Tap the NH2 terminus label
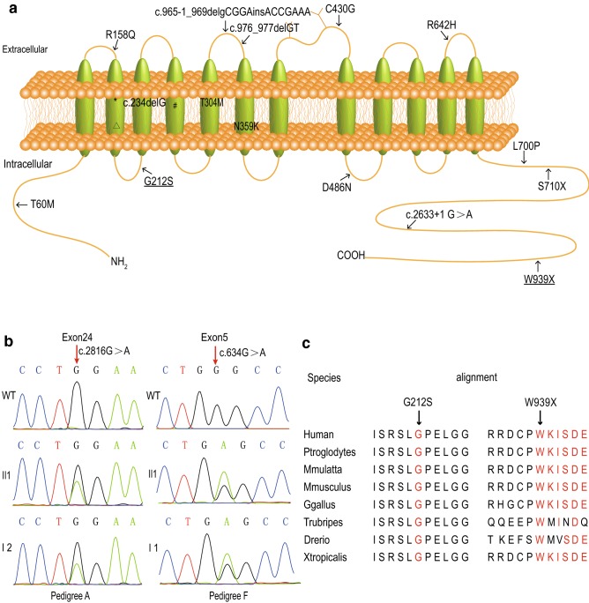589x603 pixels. click(119, 261)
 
